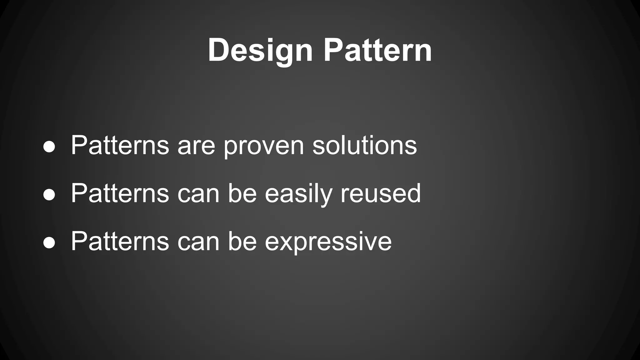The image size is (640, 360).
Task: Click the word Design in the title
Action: tap(260, 50)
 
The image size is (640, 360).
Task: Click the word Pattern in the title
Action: tap(377, 50)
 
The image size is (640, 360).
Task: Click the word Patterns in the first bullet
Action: tap(120, 145)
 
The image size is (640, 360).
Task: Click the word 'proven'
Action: tap(264, 147)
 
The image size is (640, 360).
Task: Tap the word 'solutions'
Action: tap(364, 145)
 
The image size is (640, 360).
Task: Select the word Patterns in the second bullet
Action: tap(120, 193)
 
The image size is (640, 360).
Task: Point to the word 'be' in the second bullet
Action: tap(242, 193)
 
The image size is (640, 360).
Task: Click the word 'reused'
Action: tap(381, 193)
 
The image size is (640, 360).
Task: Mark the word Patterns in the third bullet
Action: tap(120, 241)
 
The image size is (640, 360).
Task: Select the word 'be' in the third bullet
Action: tap(242, 241)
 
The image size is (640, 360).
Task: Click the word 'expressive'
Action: tap(328, 242)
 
